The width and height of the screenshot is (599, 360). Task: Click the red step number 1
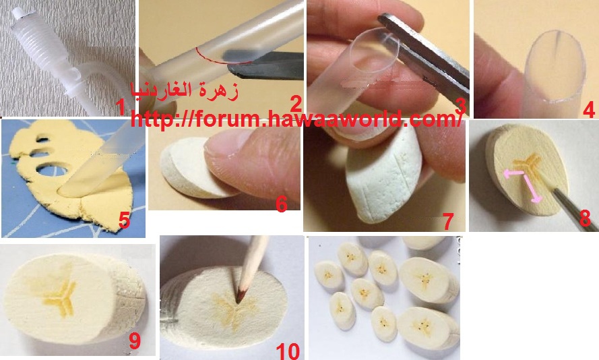tap(121, 107)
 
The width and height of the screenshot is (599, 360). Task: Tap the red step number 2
tap(296, 104)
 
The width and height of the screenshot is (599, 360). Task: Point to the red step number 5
tap(124, 220)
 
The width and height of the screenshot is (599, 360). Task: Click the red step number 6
tap(282, 204)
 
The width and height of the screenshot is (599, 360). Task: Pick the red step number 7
tap(447, 221)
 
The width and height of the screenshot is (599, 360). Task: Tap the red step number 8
tap(585, 218)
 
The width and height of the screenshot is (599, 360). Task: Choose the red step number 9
tap(135, 341)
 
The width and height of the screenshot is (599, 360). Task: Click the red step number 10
tap(288, 351)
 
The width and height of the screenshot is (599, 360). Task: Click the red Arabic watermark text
tap(185, 91)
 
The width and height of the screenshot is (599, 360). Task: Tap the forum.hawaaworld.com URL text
tap(296, 119)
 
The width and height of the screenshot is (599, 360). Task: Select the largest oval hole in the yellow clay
tap(52, 171)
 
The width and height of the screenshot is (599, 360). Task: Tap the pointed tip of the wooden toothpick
tap(238, 302)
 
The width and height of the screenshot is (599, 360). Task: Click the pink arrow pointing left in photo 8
tap(514, 174)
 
